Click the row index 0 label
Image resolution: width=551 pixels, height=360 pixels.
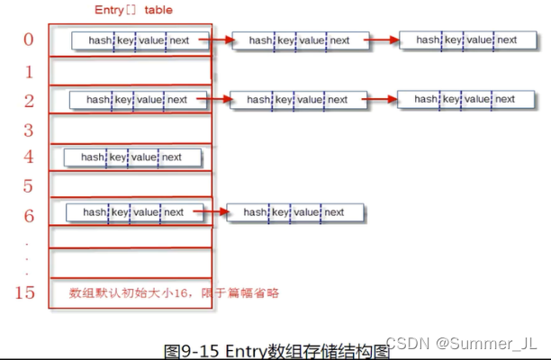coord(29,40)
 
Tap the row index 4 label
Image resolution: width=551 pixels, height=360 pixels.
coord(29,157)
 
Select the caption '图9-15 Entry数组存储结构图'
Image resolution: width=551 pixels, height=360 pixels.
coord(277,349)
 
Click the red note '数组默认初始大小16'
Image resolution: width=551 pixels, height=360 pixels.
coord(132,292)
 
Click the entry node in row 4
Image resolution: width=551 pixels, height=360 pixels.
coord(133,157)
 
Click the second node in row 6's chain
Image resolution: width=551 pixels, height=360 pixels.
coord(296,212)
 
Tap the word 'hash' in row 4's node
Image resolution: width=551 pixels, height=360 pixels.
coord(93,157)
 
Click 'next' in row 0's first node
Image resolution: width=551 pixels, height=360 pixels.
coord(178,40)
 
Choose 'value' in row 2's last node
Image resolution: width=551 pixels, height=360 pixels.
coord(477,99)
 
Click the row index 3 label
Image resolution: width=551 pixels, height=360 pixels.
coord(29,128)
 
